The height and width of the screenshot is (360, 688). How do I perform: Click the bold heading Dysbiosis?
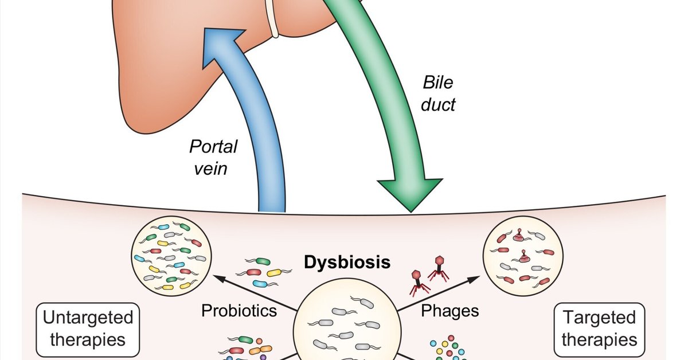point(347,263)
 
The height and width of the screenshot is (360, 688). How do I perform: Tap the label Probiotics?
point(239,311)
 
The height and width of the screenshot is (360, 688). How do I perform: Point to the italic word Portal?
point(213,147)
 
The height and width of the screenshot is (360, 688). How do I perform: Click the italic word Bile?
point(438,83)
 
